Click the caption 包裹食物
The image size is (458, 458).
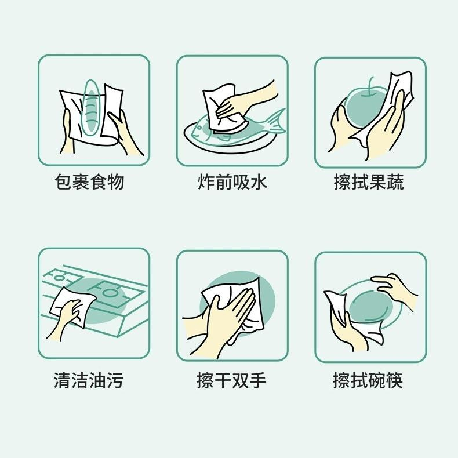coord(90,182)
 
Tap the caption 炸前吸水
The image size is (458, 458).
coord(232,182)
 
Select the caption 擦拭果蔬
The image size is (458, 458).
coord(369,182)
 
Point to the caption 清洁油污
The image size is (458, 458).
coord(89,380)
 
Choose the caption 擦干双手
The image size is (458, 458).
coord(232,380)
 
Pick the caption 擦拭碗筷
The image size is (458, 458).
coord(368,380)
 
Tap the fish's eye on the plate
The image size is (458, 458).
coord(200,128)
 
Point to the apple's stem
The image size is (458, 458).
coord(372,86)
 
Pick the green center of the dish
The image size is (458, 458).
coord(371,308)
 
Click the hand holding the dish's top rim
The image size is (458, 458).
coord(394,288)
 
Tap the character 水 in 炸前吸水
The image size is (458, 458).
coord(259,182)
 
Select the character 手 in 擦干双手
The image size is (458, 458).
coord(258,380)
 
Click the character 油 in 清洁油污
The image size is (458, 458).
coord(97,380)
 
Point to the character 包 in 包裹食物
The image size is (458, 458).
coord(63,182)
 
